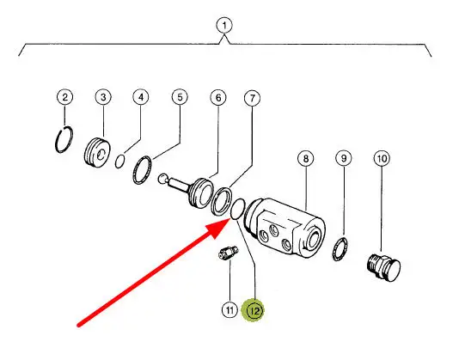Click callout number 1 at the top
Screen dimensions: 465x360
pos(224,26)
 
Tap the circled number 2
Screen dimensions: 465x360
pos(65,97)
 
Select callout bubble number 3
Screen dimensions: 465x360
pos(103,97)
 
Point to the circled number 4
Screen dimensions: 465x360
pos(141,97)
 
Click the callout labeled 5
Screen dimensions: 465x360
pos(180,97)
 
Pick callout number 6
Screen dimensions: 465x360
pos(218,98)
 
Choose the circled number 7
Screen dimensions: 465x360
pos(253,98)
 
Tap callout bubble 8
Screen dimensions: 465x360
pos(306,159)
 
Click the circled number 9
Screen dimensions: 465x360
pos(344,158)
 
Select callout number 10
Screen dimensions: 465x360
pos(382,159)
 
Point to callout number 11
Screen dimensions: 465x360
pos(229,310)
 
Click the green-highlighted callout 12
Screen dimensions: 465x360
pos(253,311)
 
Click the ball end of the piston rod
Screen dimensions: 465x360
pos(163,178)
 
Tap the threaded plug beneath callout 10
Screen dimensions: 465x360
pos(383,267)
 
